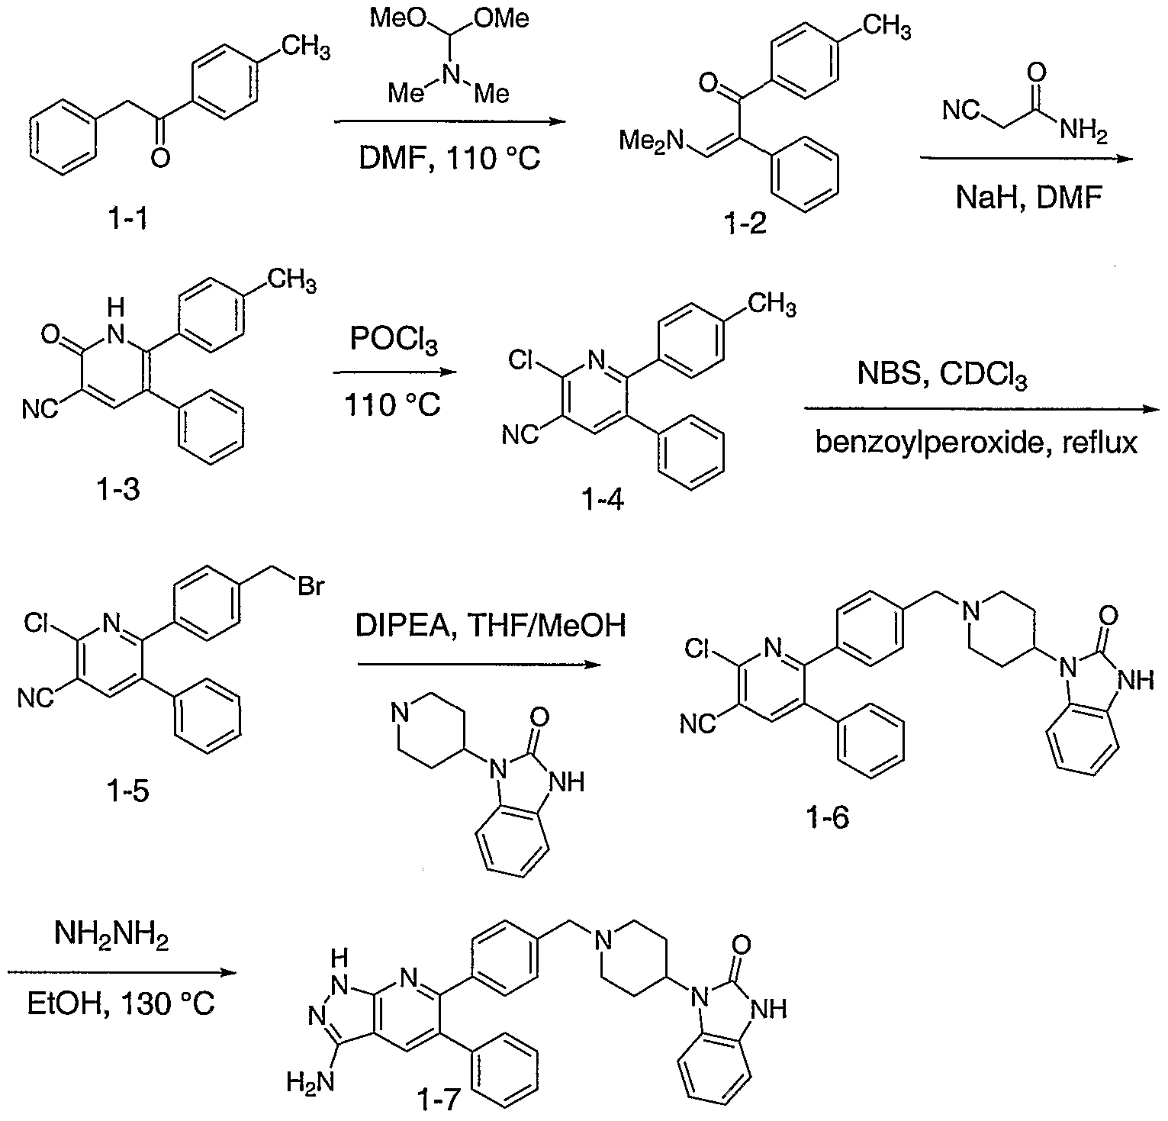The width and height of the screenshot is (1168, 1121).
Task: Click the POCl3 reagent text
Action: (394, 340)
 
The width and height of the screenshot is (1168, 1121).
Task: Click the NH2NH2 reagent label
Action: (111, 935)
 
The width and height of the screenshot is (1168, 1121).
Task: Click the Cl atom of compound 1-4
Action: (521, 358)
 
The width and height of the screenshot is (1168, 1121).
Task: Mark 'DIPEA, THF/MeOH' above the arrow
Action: (491, 626)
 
